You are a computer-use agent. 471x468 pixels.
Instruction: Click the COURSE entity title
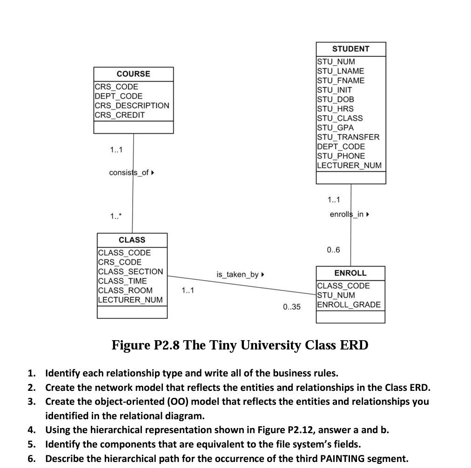coord(133,74)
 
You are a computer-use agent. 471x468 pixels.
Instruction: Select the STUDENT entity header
coord(350,49)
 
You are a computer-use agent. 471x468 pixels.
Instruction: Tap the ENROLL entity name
coord(350,273)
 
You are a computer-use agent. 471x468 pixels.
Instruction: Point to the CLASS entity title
coord(132,240)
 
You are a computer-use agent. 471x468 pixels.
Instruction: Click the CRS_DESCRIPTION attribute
coord(132,105)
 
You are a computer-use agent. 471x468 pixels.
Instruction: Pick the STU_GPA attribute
coord(335,127)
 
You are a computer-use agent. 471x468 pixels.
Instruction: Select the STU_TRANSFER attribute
coord(348,137)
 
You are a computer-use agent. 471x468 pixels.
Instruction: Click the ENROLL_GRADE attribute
coord(349,305)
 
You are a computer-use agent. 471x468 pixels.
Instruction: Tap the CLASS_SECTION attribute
coord(130,271)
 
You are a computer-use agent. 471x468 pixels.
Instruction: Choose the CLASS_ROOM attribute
coord(125,290)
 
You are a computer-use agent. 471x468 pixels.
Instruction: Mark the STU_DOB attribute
coord(335,99)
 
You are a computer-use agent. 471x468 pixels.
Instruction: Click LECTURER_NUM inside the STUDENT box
coord(349,165)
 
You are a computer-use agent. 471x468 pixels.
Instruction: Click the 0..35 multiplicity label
coord(292,307)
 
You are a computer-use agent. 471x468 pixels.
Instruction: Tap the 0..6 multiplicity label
coord(333,250)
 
